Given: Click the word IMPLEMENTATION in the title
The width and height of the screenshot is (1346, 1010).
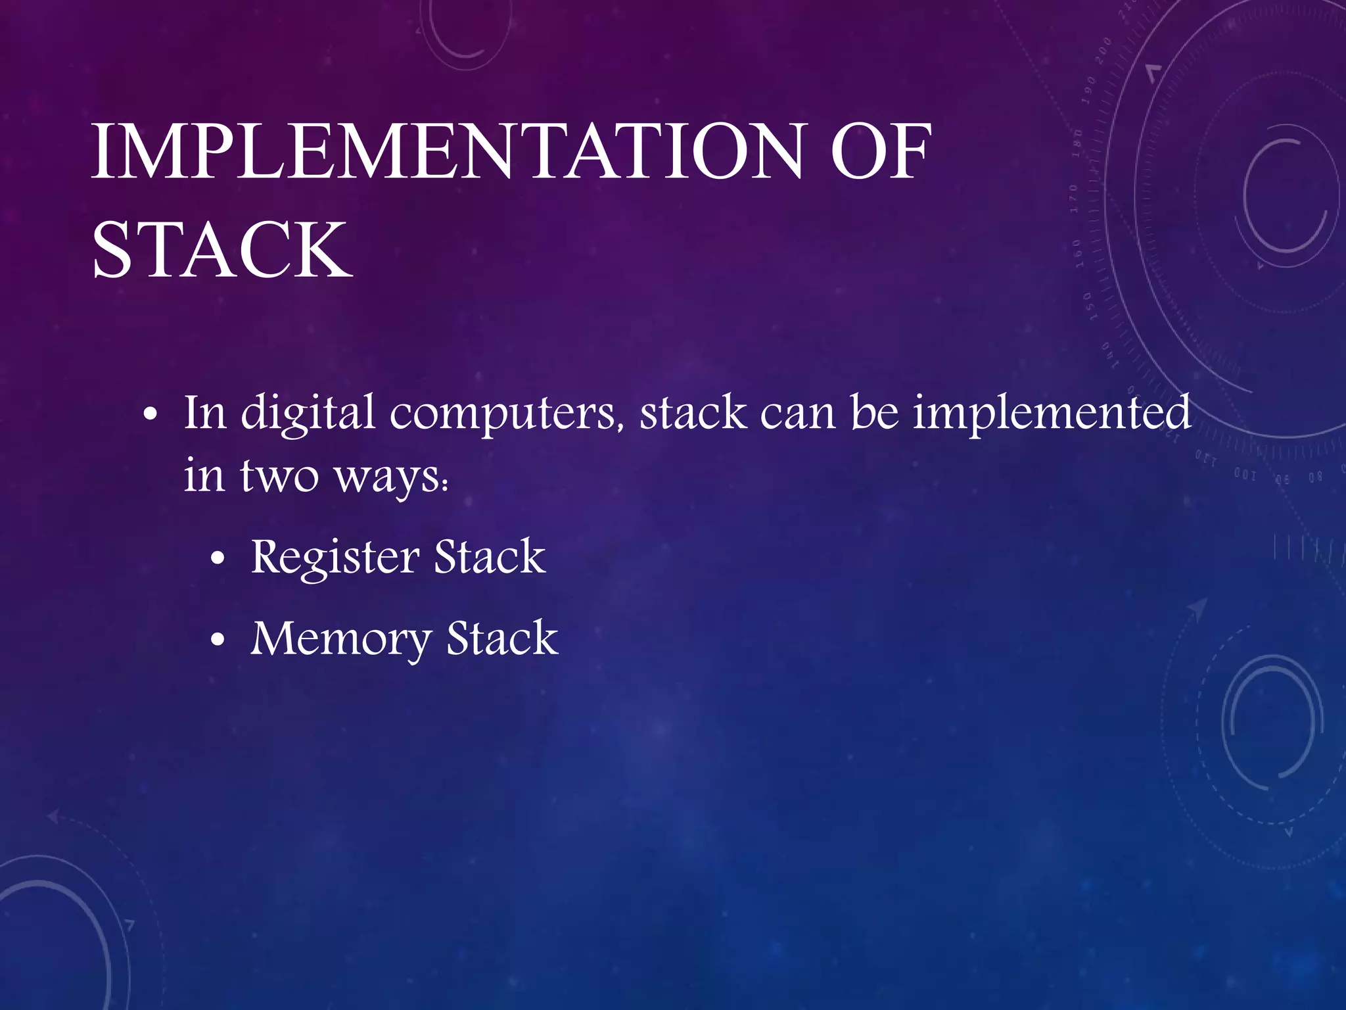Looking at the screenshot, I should pyautogui.click(x=448, y=153).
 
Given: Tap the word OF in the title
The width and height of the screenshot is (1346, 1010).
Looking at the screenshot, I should pyautogui.click(x=881, y=153).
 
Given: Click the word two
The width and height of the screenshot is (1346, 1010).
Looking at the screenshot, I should pyautogui.click(x=279, y=476).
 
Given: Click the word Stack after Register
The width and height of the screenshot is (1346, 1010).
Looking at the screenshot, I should pyautogui.click(x=490, y=558).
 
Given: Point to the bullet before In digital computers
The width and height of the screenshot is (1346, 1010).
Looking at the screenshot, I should pyautogui.click(x=151, y=416).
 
